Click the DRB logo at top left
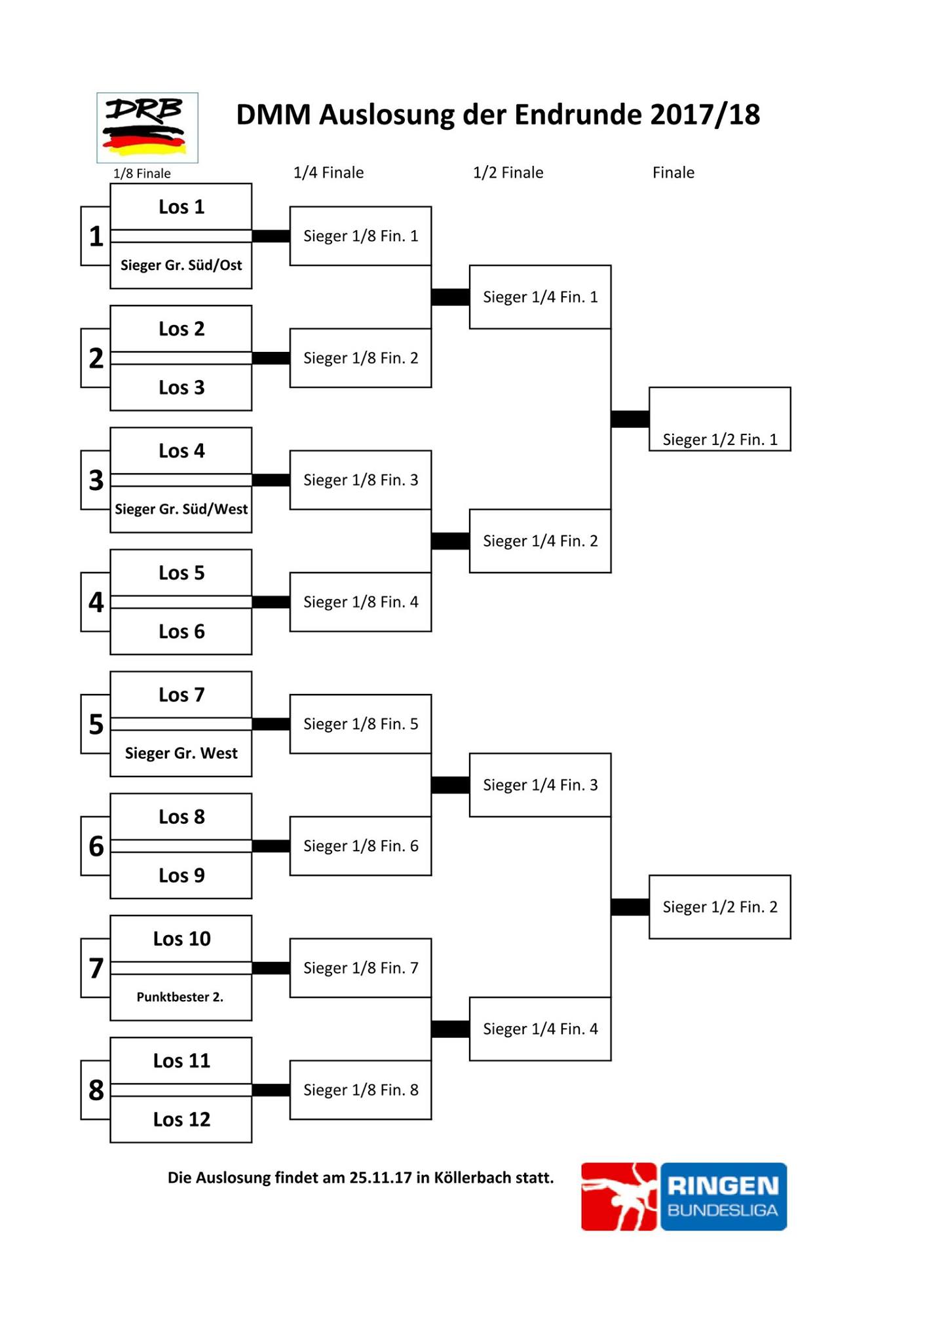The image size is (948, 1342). (x=147, y=128)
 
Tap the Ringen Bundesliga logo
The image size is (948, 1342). (x=684, y=1197)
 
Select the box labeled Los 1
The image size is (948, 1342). (x=181, y=207)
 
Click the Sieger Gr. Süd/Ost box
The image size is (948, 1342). (x=181, y=265)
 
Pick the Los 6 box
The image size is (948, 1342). (x=181, y=632)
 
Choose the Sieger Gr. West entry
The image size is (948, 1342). (x=181, y=754)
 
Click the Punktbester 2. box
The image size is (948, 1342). (x=181, y=997)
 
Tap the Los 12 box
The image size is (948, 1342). (x=181, y=1119)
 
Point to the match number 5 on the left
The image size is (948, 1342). (x=96, y=724)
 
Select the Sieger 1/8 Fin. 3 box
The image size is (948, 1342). (x=360, y=480)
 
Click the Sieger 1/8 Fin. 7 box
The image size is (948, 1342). (x=360, y=968)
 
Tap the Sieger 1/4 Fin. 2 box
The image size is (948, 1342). (x=540, y=541)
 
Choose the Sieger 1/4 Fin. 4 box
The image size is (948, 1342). (x=540, y=1029)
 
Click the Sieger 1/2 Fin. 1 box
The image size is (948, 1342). (x=720, y=419)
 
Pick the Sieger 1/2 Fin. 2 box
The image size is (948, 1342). (x=720, y=907)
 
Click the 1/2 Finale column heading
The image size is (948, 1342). (x=508, y=172)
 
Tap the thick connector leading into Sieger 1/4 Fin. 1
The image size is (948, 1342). (x=451, y=297)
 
